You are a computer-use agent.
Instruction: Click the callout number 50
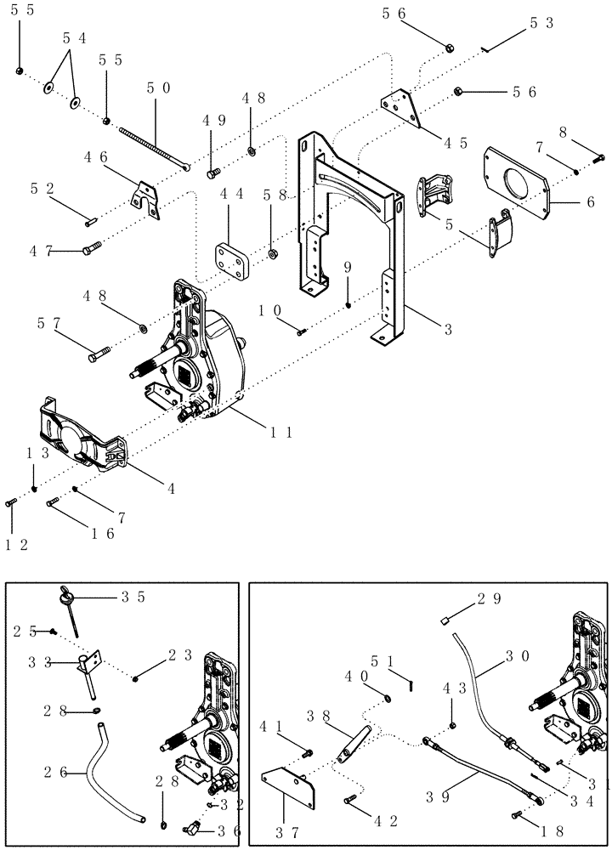pos(158,88)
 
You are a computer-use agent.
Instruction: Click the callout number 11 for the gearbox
pos(281,433)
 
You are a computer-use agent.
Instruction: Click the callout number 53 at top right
pos(541,24)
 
